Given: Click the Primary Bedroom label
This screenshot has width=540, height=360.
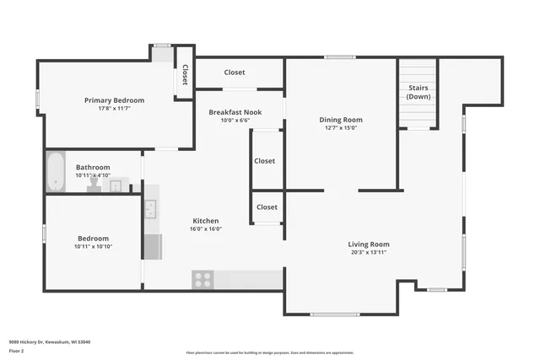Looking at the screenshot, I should click(114, 100).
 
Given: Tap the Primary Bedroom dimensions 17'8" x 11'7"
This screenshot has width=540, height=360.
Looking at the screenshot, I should click(114, 109).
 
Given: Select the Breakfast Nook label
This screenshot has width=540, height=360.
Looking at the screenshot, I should click(235, 112).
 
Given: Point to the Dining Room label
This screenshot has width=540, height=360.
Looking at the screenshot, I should click(341, 120).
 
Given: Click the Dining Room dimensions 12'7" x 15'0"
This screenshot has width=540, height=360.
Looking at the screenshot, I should click(341, 128).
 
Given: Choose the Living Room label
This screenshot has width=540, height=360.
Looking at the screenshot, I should click(369, 244).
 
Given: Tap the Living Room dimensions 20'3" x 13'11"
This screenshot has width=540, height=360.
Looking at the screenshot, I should click(369, 253).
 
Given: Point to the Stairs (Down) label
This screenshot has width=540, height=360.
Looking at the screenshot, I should click(418, 92).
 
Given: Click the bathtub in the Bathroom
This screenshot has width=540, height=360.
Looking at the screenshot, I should click(55, 171).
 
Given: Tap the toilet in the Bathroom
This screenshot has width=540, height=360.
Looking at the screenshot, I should click(94, 184).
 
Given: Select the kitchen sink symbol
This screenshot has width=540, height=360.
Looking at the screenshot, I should click(151, 208).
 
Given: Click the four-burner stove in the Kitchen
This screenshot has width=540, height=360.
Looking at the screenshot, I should click(202, 278).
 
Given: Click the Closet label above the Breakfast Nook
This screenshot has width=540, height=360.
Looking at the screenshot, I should click(235, 73).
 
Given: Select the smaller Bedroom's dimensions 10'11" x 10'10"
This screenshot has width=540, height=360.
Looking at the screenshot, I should click(93, 246).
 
